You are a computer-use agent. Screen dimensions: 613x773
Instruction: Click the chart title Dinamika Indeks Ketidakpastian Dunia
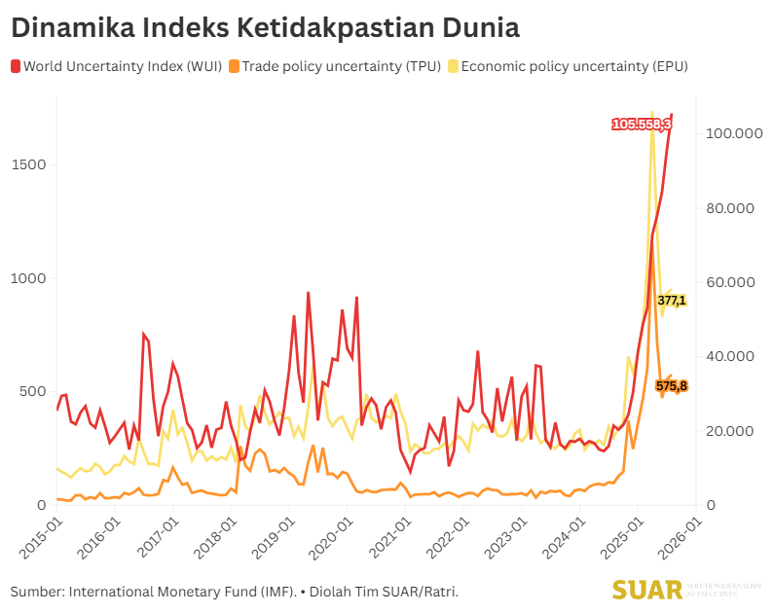pyautogui.click(x=265, y=26)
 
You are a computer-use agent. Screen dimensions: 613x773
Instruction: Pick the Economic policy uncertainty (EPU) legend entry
pyautogui.click(x=568, y=66)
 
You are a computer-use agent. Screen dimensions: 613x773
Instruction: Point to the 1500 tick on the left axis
pyautogui.click(x=30, y=164)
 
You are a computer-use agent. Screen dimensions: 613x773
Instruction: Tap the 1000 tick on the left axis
pyautogui.click(x=30, y=278)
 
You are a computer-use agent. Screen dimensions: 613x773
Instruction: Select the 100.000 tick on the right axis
pyautogui.click(x=732, y=134)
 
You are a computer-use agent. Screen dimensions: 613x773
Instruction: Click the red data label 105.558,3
pyautogui.click(x=641, y=124)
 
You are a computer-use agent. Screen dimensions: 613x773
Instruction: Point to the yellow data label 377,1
pyautogui.click(x=672, y=301)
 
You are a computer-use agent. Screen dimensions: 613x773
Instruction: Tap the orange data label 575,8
pyautogui.click(x=672, y=386)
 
